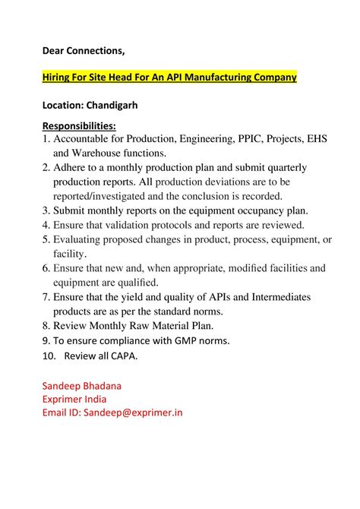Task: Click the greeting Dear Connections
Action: pyautogui.click(x=84, y=50)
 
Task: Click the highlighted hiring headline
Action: pyautogui.click(x=169, y=77)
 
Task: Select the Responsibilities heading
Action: pyautogui.click(x=79, y=125)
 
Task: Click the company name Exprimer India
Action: pyautogui.click(x=74, y=399)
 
